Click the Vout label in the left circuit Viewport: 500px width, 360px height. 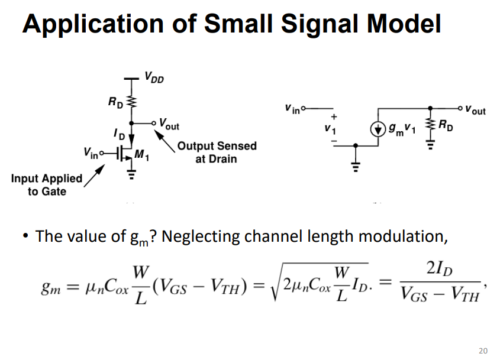pos(168,124)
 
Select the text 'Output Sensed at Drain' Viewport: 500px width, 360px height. pos(217,152)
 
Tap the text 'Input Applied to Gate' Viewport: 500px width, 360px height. pos(47,184)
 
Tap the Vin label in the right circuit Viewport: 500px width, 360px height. pos(293,108)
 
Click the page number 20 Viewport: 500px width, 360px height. pos(483,351)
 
